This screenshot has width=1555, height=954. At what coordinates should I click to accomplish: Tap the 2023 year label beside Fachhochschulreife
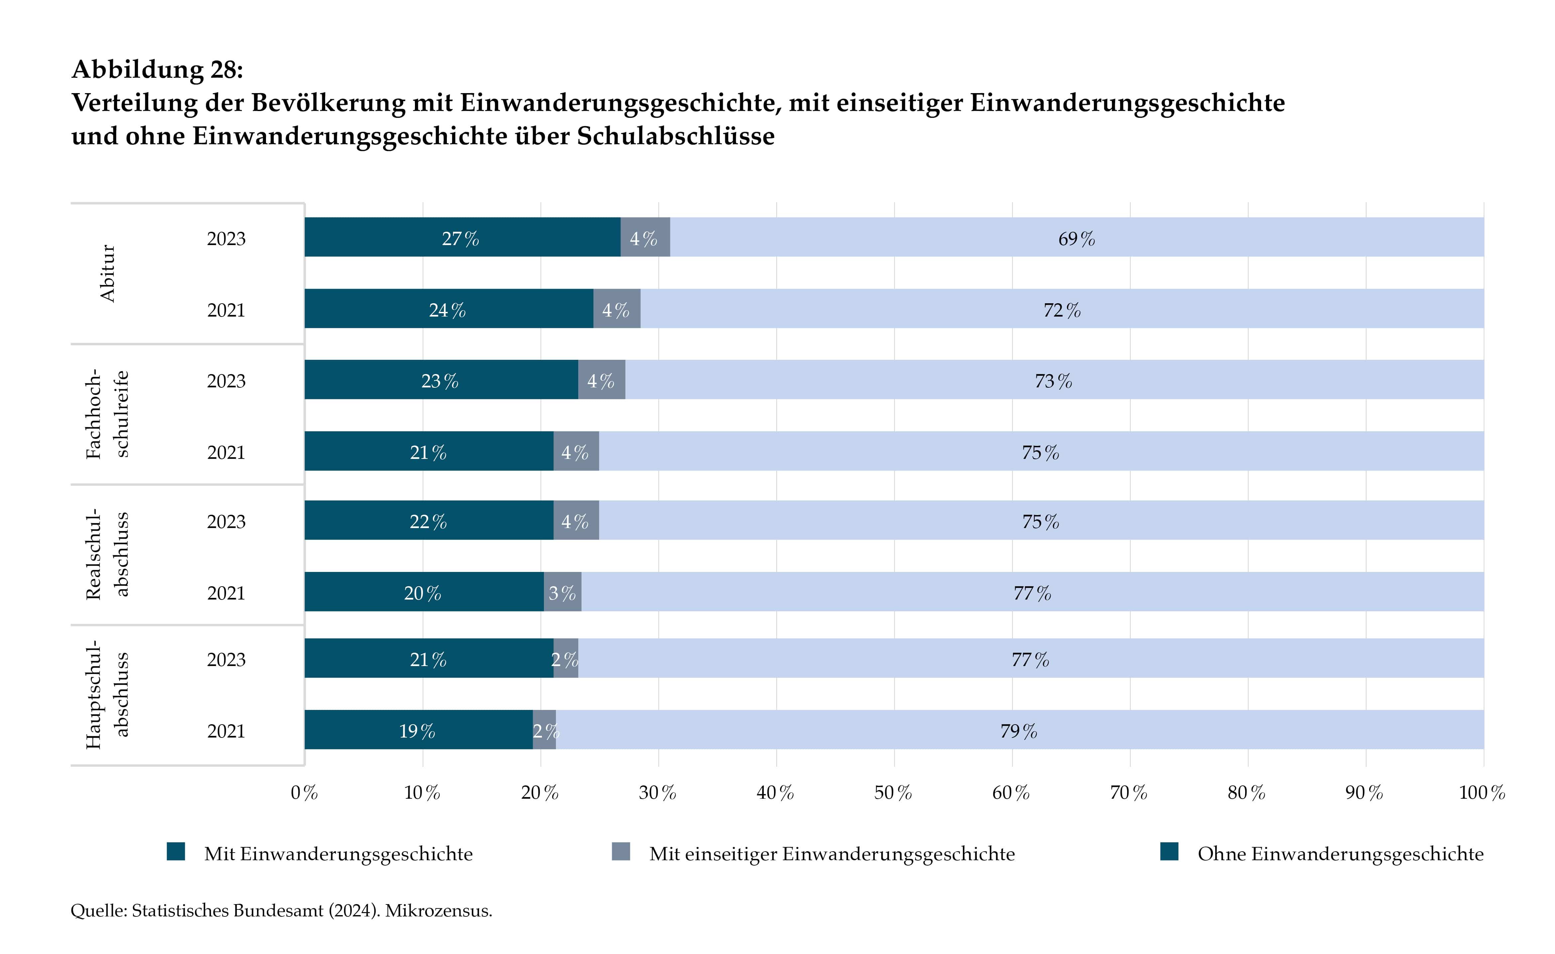click(226, 381)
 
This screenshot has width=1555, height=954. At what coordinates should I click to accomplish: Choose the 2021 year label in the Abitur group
click(226, 310)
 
